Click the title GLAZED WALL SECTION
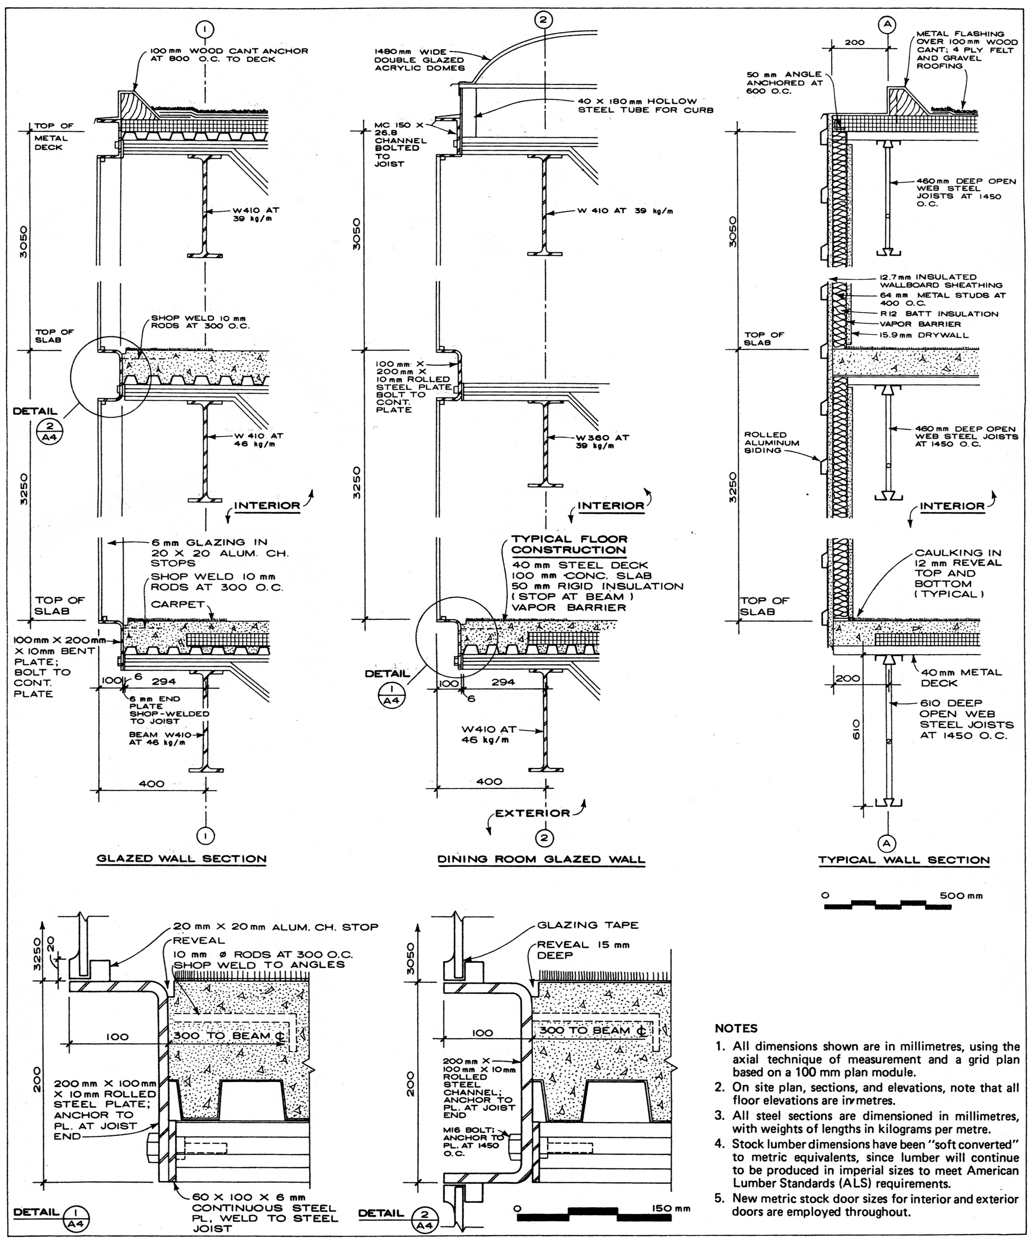coord(181,859)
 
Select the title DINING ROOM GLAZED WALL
coord(541,859)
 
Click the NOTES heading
coord(736,1029)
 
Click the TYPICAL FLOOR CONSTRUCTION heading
coord(569,544)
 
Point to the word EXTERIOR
coord(532,813)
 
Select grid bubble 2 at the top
coord(543,19)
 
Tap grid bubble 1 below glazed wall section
coord(205,836)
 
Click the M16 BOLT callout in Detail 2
coord(473,1141)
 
